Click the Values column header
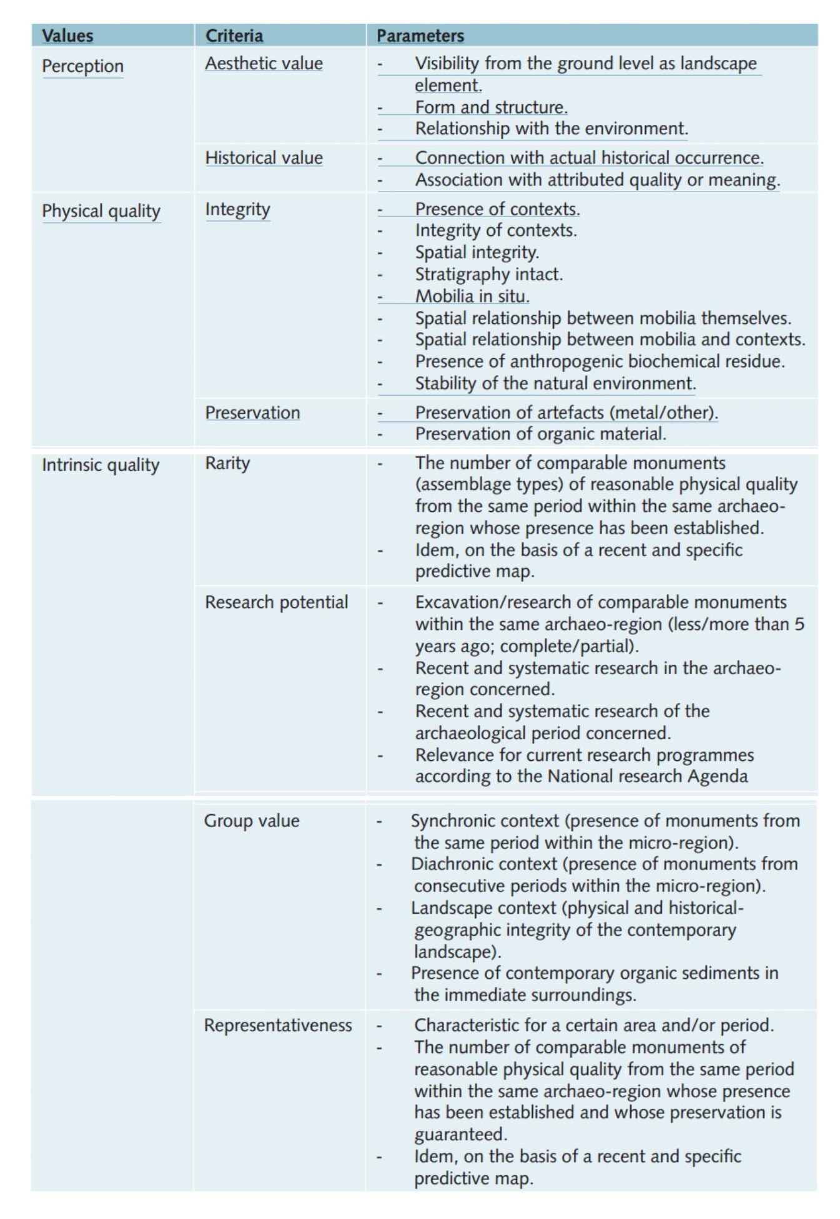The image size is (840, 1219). pos(67,36)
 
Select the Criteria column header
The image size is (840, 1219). pos(234,36)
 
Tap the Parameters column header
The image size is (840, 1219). pos(420,36)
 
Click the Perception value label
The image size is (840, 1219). pos(82,66)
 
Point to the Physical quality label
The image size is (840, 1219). pos(101,211)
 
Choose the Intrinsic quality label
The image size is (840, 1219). pos(101,465)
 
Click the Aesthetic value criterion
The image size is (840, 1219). pos(264,64)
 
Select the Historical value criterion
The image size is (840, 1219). pos(264,158)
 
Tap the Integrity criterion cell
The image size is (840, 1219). pos(237,209)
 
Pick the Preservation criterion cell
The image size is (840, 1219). pos(252,413)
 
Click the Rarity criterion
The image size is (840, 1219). pos(227,463)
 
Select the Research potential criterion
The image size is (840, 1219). pos(276,602)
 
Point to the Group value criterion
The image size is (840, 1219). pos(252,821)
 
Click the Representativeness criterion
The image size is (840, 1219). pos(278,1026)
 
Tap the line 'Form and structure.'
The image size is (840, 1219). pos(491,107)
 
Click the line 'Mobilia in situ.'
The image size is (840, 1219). pos(472,296)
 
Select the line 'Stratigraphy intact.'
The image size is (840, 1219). pos(488,274)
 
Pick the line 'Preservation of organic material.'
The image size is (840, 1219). pos(540,434)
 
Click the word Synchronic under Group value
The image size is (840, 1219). pos(453,821)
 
